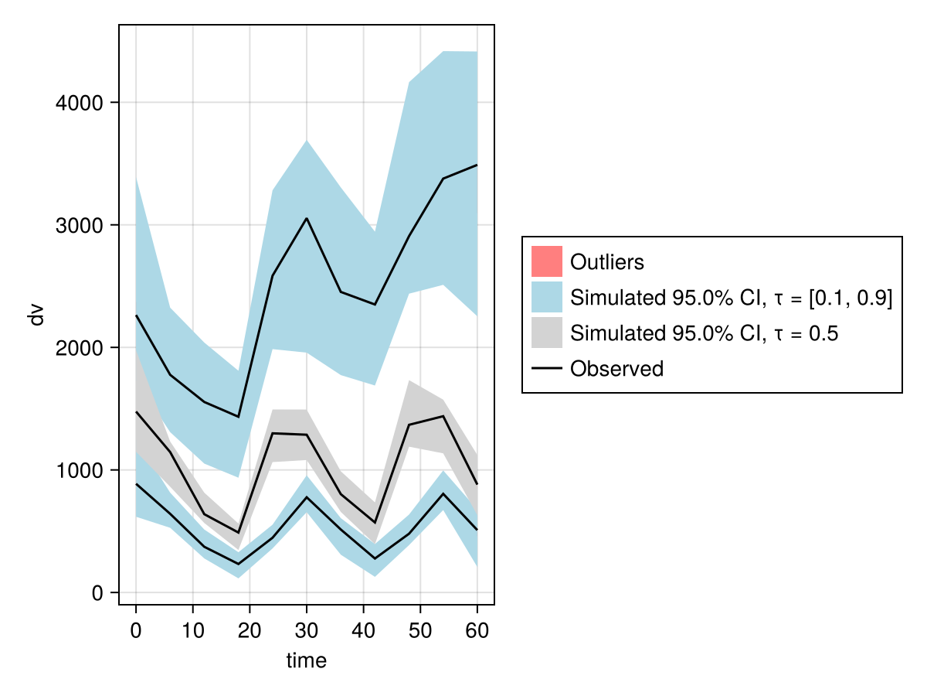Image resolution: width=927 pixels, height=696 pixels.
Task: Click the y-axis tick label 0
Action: coord(96,593)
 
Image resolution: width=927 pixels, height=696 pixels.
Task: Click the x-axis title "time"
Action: coord(307,660)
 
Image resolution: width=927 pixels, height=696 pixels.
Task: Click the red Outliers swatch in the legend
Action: coord(546,261)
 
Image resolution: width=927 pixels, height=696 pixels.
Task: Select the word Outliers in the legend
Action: coord(606,262)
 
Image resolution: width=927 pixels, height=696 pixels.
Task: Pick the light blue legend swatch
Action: coord(546,298)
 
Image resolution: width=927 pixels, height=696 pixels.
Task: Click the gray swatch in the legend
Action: coord(546,333)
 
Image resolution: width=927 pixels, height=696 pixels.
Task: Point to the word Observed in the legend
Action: coord(616,369)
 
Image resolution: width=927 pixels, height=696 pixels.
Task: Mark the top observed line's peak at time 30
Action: coord(307,218)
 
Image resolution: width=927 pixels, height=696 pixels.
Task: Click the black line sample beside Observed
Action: coord(546,369)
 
